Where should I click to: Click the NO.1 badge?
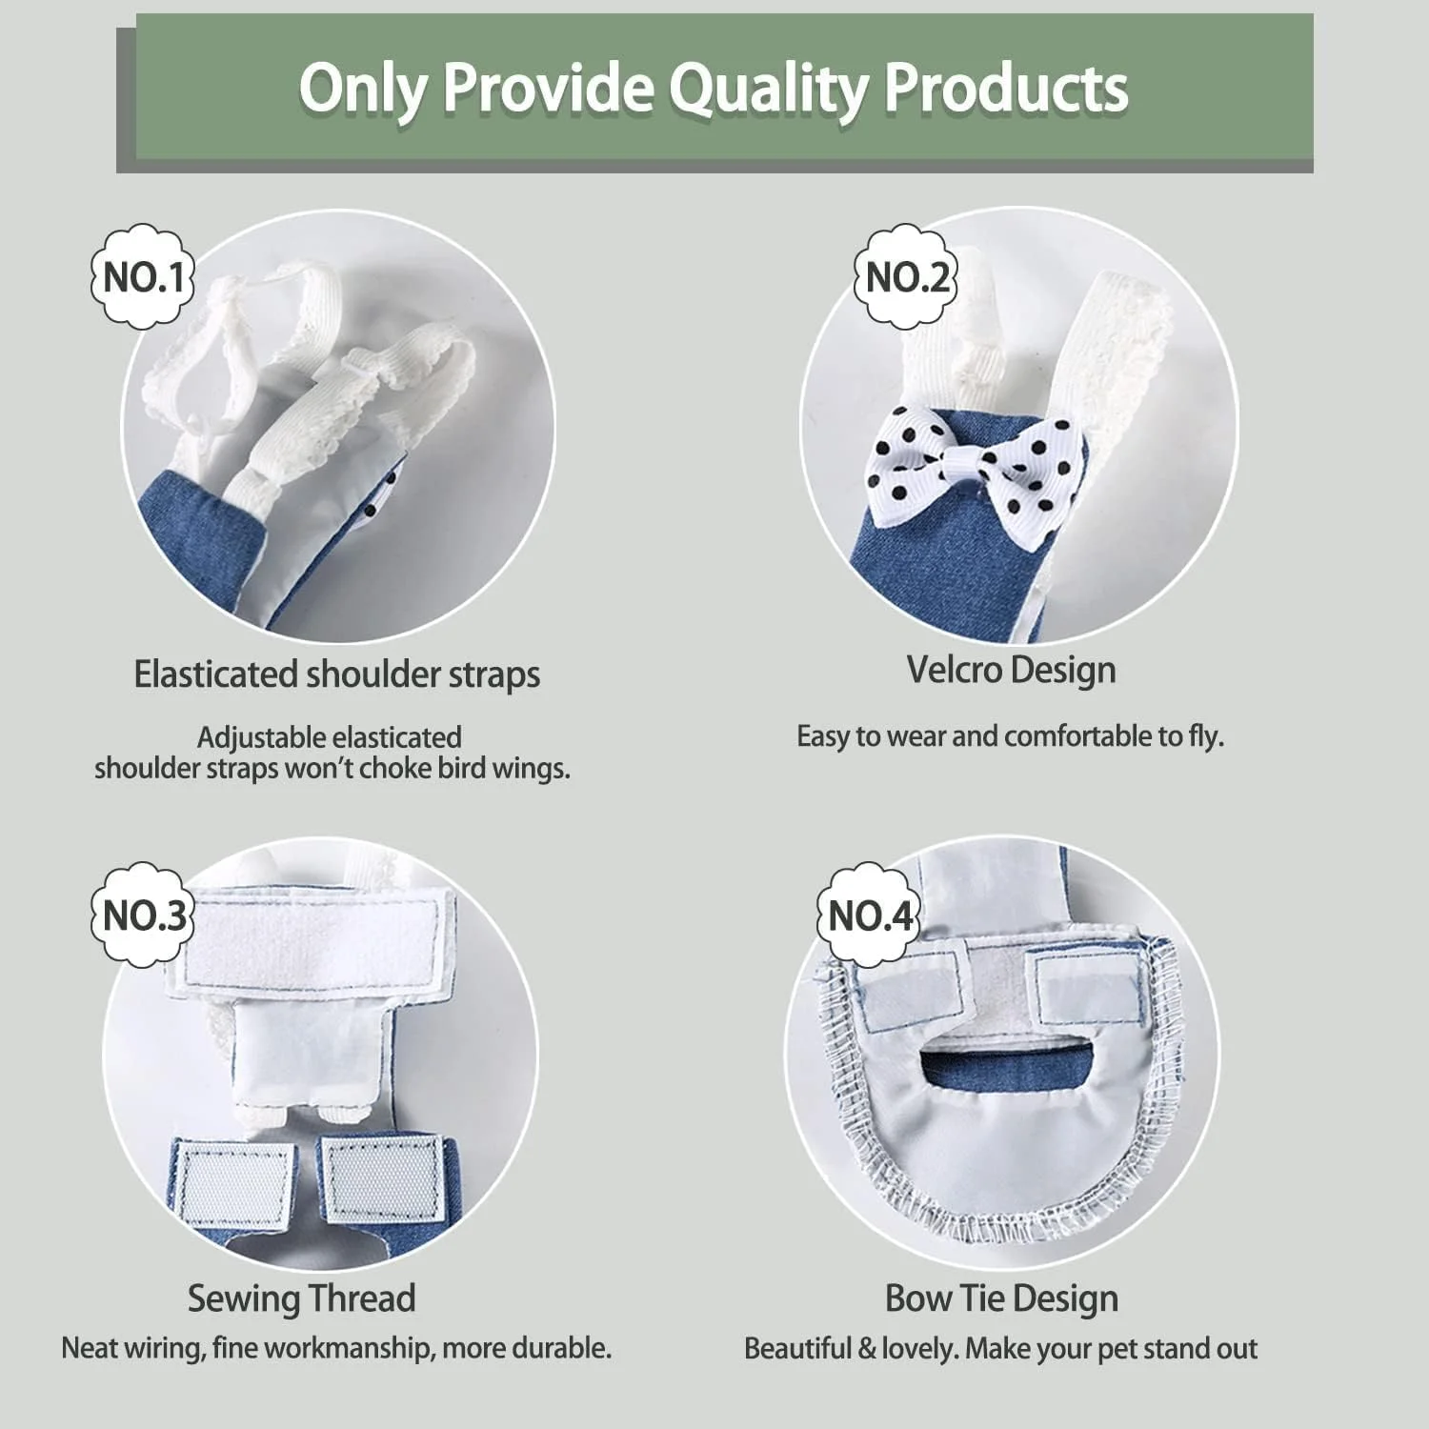tap(143, 276)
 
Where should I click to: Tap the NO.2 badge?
tap(905, 276)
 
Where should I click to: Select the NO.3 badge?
tap(143, 915)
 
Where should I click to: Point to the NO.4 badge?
tap(870, 915)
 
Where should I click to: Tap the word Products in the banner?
tap(1007, 89)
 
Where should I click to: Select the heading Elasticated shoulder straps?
tap(336, 674)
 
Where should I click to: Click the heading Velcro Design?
tap(1011, 670)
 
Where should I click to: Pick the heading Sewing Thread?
tap(301, 1298)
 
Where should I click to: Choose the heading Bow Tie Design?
tap(1001, 1298)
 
